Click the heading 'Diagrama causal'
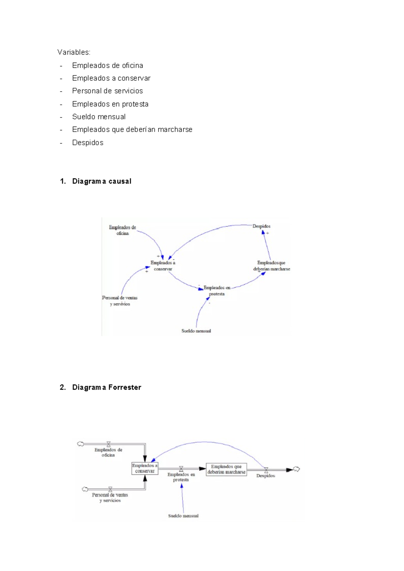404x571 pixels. tap(101, 181)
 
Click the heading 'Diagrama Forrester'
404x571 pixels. tap(106, 387)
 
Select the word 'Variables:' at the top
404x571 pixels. tap(74, 52)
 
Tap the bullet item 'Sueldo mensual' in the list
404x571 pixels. tap(99, 117)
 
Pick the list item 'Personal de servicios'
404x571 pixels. tap(107, 91)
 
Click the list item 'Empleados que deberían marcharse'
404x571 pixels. tap(132, 130)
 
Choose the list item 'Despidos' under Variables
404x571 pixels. tap(88, 143)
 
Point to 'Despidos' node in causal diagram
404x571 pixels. tap(261, 226)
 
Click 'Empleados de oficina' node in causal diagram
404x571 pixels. tap(123, 230)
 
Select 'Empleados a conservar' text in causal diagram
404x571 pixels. tap(163, 266)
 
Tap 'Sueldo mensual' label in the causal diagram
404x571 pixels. tap(196, 331)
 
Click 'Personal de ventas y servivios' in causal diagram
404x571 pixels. tap(120, 301)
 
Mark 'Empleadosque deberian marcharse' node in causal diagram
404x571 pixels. tap(271, 266)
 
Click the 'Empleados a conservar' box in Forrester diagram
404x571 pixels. tap(145, 468)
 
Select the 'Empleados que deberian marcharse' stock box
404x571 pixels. tap(226, 469)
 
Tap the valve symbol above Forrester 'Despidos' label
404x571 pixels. tap(266, 470)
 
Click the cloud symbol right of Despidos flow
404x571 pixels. tap(296, 469)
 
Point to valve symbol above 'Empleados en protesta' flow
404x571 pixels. tap(181, 469)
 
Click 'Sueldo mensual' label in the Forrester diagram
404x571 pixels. tap(183, 516)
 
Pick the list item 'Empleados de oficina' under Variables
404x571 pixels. tap(107, 65)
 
